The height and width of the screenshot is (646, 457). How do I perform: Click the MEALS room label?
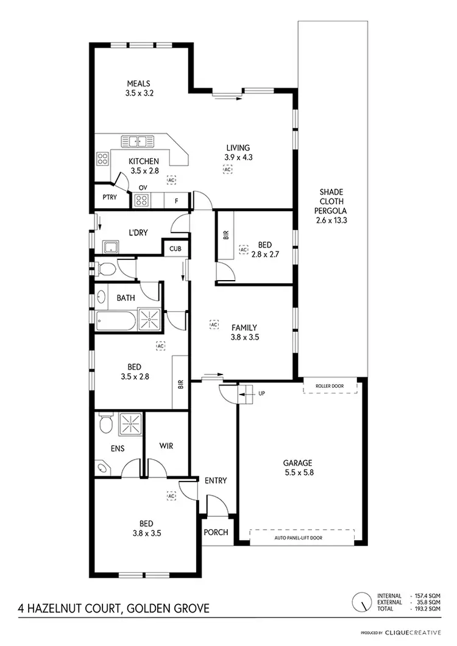pyautogui.click(x=138, y=83)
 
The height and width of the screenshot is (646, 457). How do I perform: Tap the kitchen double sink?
pyautogui.click(x=139, y=141)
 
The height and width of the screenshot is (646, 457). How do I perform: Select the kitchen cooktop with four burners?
pyautogui.click(x=102, y=160)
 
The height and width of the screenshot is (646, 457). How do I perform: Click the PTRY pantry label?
pyautogui.click(x=110, y=197)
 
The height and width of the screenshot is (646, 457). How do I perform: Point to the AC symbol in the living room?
pyautogui.click(x=228, y=170)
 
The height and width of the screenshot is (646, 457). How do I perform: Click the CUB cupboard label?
pyautogui.click(x=175, y=248)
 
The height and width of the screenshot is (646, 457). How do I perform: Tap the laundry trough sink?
pyautogui.click(x=112, y=247)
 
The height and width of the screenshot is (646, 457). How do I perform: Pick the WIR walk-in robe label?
pyautogui.click(x=166, y=446)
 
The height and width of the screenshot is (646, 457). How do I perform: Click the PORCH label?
pyautogui.click(x=216, y=532)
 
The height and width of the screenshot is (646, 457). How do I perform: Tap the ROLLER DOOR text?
pyautogui.click(x=329, y=386)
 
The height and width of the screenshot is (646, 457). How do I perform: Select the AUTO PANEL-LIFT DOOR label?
pyautogui.click(x=302, y=538)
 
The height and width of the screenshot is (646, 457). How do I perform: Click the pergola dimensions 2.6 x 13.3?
pyautogui.click(x=331, y=220)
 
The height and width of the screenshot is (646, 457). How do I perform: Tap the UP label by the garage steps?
pyautogui.click(x=262, y=393)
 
